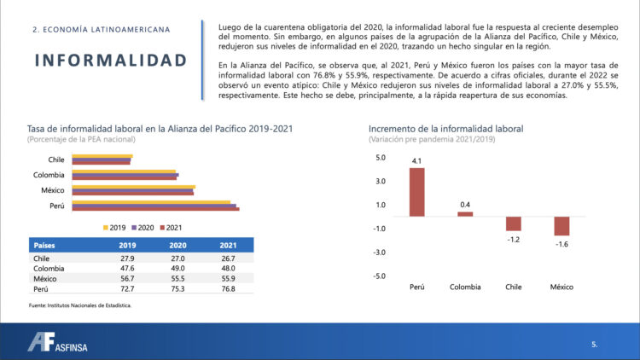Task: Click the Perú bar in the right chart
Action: tap(416, 192)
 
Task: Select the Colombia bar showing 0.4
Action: tap(465, 214)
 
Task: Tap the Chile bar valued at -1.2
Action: tap(513, 224)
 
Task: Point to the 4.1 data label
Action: tap(416, 160)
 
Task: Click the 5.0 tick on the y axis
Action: tap(380, 157)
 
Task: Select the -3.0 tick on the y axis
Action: tap(379, 252)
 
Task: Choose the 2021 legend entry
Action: tap(170, 228)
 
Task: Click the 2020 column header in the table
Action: tap(178, 245)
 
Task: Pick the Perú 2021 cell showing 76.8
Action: tap(228, 289)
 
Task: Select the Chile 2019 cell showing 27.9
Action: tap(127, 258)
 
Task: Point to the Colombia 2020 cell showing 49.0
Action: tap(178, 269)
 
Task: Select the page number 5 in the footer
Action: tap(594, 344)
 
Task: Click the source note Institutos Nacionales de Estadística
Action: tap(80, 305)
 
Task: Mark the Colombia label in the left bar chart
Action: tap(49, 175)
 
